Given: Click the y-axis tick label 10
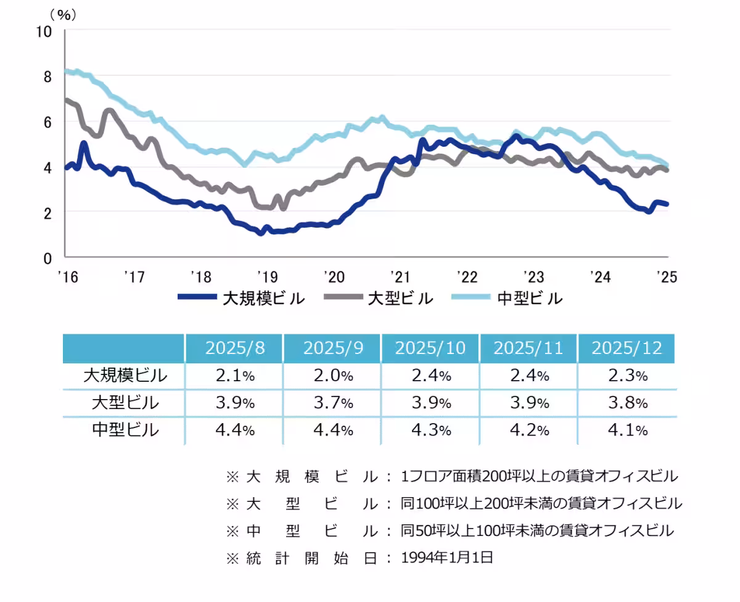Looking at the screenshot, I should tap(44, 31).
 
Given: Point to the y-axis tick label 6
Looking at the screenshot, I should tap(47, 122).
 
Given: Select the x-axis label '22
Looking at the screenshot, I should tap(467, 276).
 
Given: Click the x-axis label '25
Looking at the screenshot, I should tap(667, 276).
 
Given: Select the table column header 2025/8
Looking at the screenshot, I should tap(235, 348).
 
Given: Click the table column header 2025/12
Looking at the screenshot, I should tap(627, 348).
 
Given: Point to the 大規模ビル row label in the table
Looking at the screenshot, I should tap(125, 375).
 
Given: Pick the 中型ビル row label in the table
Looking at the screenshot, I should tap(125, 430).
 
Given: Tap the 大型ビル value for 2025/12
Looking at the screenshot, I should tap(627, 403).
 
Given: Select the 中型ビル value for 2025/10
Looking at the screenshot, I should tap(430, 430).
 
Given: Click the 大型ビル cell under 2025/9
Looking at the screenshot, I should tap(332, 403).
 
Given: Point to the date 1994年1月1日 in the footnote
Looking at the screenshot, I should tap(446, 558).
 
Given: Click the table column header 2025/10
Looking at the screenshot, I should tap(430, 348).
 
